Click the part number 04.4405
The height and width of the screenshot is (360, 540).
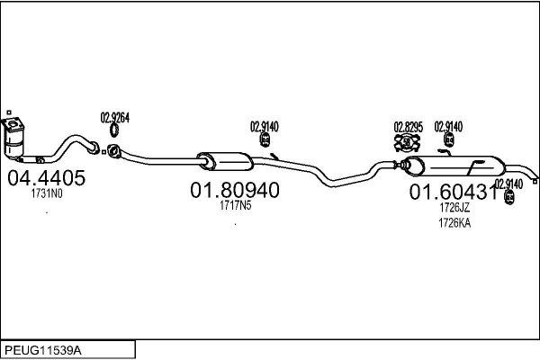pos(46,178)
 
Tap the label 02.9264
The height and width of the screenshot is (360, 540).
pos(114,117)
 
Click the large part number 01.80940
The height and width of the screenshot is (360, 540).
pos(234,191)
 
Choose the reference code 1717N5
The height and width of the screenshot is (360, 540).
pos(235,206)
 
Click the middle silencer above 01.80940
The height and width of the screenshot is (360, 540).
pos(223,161)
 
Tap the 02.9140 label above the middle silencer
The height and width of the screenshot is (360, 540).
pos(264,126)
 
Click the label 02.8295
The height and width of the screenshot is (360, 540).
pos(408,127)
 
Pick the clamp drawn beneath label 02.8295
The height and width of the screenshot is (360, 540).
pos(407,142)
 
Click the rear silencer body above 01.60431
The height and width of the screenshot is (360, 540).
pos(454,166)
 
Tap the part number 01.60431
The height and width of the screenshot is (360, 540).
pos(454,192)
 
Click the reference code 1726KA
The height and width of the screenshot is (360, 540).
pos(454,224)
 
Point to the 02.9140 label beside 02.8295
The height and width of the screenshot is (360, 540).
pos(448,127)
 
